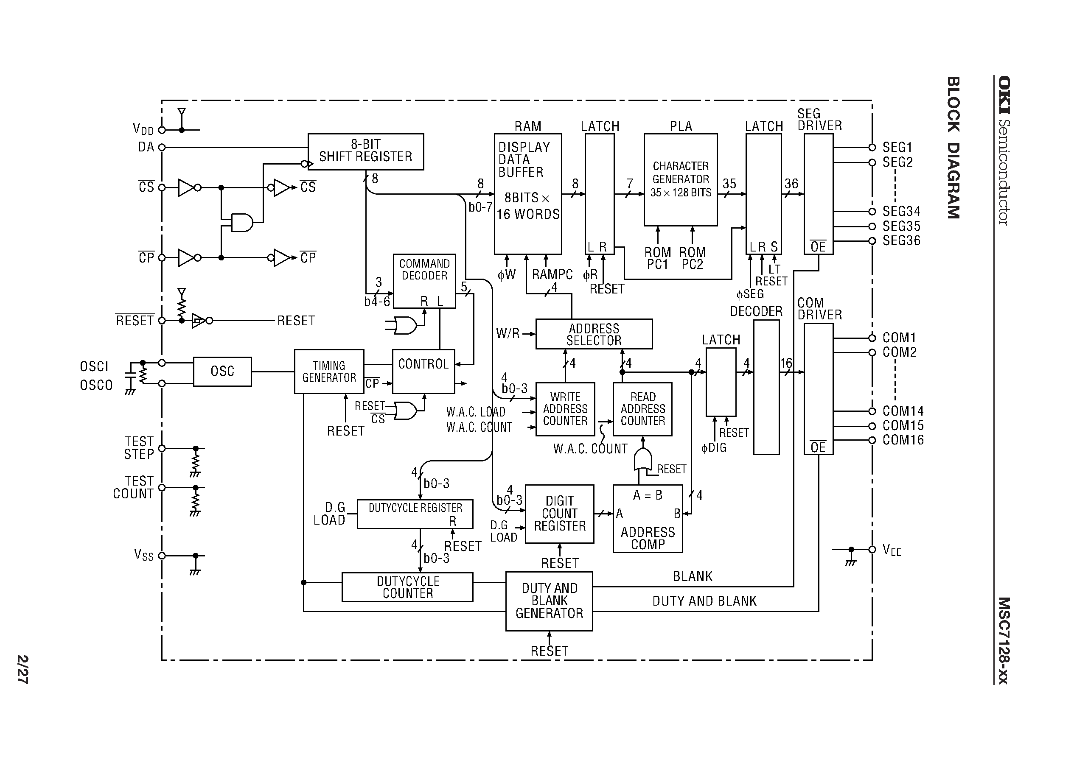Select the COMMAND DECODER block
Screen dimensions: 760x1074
424,280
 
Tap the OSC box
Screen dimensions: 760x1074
222,372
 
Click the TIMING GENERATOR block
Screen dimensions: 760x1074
329,372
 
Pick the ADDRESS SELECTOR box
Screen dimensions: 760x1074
594,334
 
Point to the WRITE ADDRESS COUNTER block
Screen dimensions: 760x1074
565,409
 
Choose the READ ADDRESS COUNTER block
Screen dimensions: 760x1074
642,409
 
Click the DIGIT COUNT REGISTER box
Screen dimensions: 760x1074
559,514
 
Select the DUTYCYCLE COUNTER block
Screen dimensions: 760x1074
407,587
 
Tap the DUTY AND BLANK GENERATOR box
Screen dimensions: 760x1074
549,601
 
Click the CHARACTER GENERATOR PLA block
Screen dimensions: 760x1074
680,180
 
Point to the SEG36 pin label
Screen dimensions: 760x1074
901,241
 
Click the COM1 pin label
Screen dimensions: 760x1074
899,338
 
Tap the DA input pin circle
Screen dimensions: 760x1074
162,148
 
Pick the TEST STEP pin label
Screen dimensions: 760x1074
139,448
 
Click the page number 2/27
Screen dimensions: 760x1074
22,669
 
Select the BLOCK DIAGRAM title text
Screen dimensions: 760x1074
953,148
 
